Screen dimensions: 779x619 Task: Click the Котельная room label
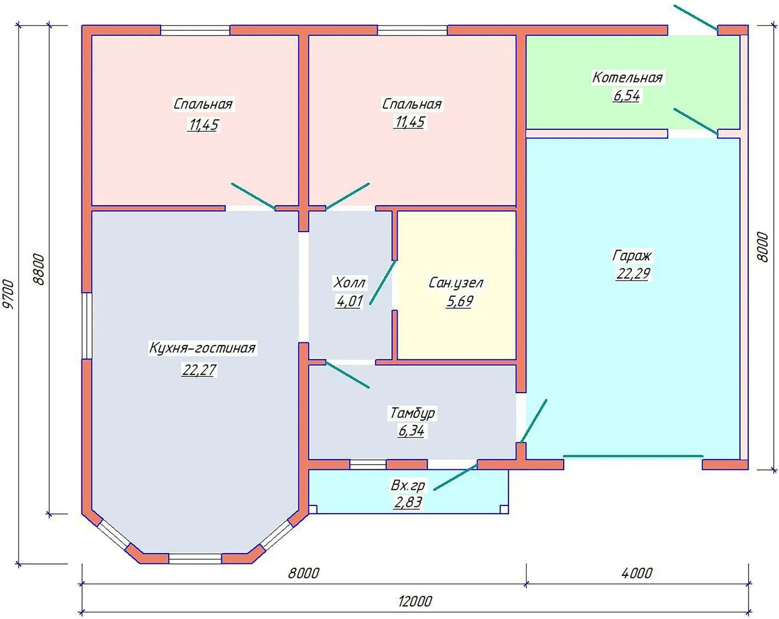coord(627,77)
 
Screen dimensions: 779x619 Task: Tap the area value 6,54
coord(627,96)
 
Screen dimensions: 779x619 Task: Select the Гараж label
coord(632,256)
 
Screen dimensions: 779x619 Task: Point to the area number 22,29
coord(633,273)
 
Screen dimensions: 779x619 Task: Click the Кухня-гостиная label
coord(202,348)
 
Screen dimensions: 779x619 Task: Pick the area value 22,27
coord(199,370)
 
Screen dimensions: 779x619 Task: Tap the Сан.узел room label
coord(456,283)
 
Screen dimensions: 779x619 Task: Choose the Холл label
coord(349,283)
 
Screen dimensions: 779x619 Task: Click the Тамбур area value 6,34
coord(411,431)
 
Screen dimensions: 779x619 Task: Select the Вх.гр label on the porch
coord(408,485)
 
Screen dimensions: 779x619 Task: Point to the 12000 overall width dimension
coord(415,601)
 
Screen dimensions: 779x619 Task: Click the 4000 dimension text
coord(637,573)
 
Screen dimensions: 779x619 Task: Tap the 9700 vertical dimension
coord(8,293)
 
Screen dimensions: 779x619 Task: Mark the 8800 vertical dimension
coord(38,269)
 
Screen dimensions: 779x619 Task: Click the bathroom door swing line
coord(383,282)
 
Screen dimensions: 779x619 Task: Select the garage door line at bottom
coord(633,456)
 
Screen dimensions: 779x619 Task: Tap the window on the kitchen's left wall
coord(87,326)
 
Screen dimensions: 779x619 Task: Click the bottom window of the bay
coord(195,559)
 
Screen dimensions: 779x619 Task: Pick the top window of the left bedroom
coord(195,30)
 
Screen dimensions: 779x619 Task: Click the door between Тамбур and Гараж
coord(534,421)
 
